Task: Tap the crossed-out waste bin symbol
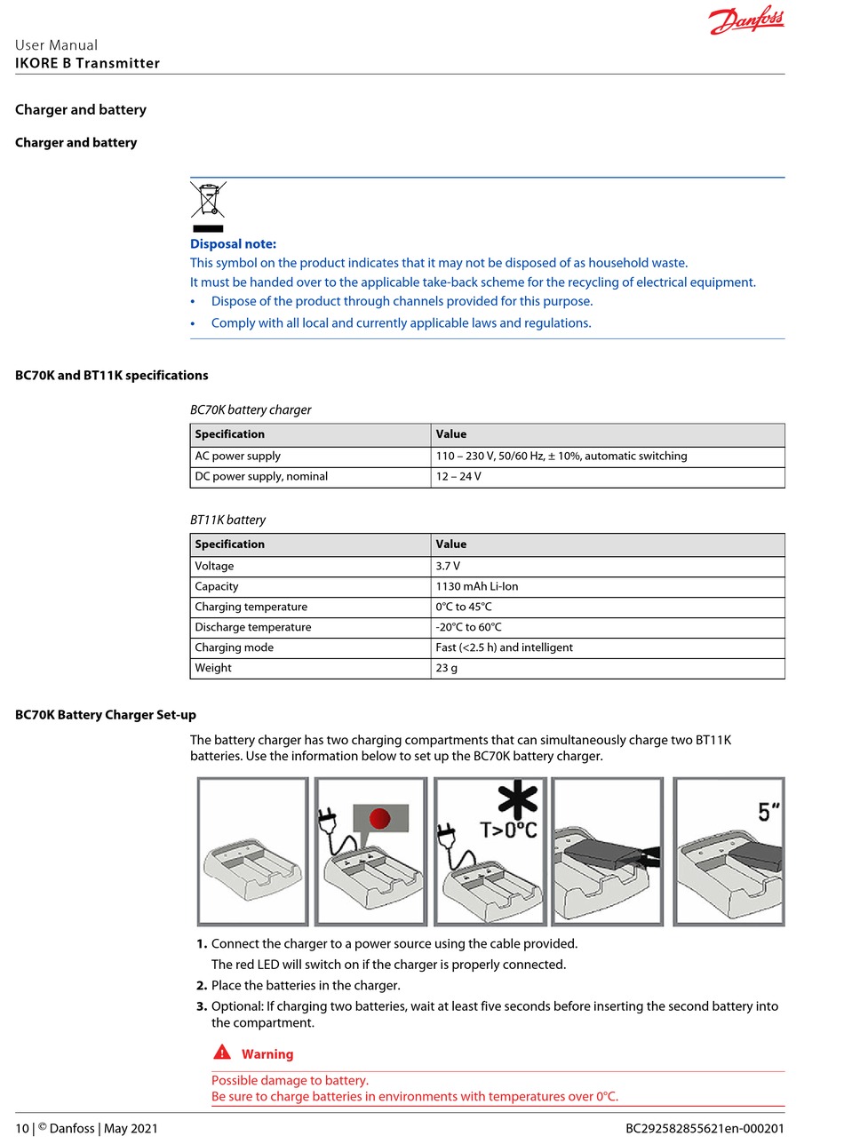(x=208, y=200)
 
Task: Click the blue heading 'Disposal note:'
(x=233, y=243)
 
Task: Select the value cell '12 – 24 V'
(x=458, y=477)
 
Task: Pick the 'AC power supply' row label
(x=237, y=457)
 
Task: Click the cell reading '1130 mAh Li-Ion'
(x=476, y=587)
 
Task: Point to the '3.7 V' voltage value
(x=448, y=567)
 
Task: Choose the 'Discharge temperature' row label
(x=252, y=628)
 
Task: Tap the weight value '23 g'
(x=447, y=669)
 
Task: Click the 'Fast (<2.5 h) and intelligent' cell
(x=504, y=648)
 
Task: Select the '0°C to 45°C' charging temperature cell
(x=463, y=608)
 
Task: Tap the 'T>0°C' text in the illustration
(x=508, y=830)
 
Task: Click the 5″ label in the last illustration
(x=768, y=811)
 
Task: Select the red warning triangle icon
(x=222, y=1053)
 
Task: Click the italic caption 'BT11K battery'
(x=227, y=520)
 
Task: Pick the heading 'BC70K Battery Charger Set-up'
(x=106, y=715)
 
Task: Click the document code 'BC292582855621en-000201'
(x=705, y=1129)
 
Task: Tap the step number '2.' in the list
(x=201, y=986)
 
